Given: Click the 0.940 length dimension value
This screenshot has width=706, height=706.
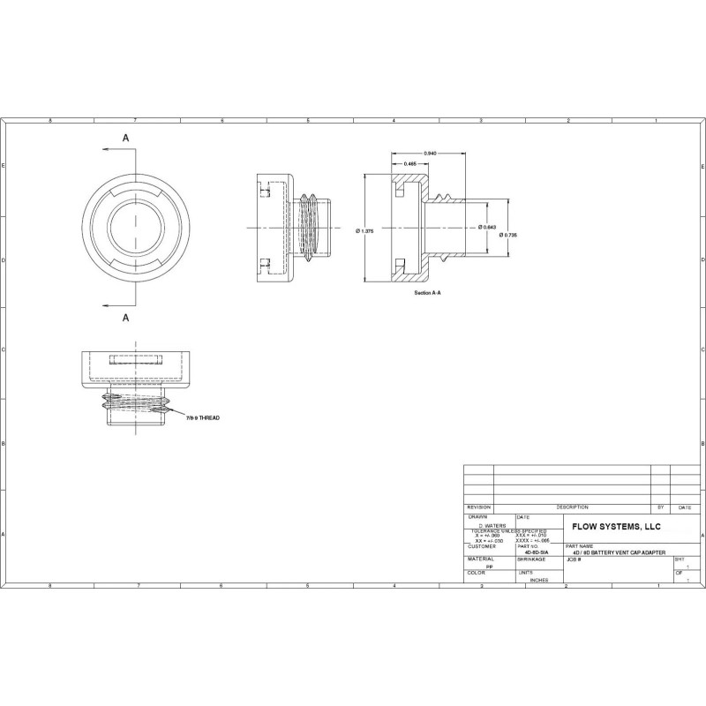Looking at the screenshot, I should coord(430,154).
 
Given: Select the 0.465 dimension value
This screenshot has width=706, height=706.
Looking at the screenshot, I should coord(409,165).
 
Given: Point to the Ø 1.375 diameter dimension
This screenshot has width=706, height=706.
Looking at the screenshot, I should coord(365,231).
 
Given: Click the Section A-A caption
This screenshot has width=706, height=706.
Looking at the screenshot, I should coord(427,292).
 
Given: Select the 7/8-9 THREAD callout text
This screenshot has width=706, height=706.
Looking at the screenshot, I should coord(202,417).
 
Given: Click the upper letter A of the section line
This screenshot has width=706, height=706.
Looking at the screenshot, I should coord(126,139).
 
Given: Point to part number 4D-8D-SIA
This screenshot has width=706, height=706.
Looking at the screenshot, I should coord(537,552).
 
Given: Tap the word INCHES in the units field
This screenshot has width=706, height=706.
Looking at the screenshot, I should coord(538,581).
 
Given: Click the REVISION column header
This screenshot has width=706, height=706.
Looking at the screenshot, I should coord(478,507).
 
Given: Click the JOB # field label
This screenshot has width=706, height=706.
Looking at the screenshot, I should coord(575,560).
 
